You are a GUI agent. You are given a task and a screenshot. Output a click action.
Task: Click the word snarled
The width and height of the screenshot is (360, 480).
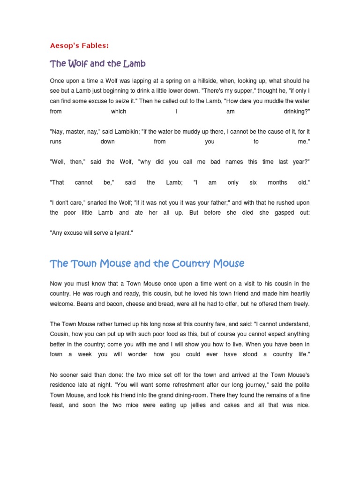(x=91, y=202)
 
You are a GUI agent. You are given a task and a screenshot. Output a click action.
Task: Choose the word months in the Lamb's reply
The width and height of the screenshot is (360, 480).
(x=277, y=182)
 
